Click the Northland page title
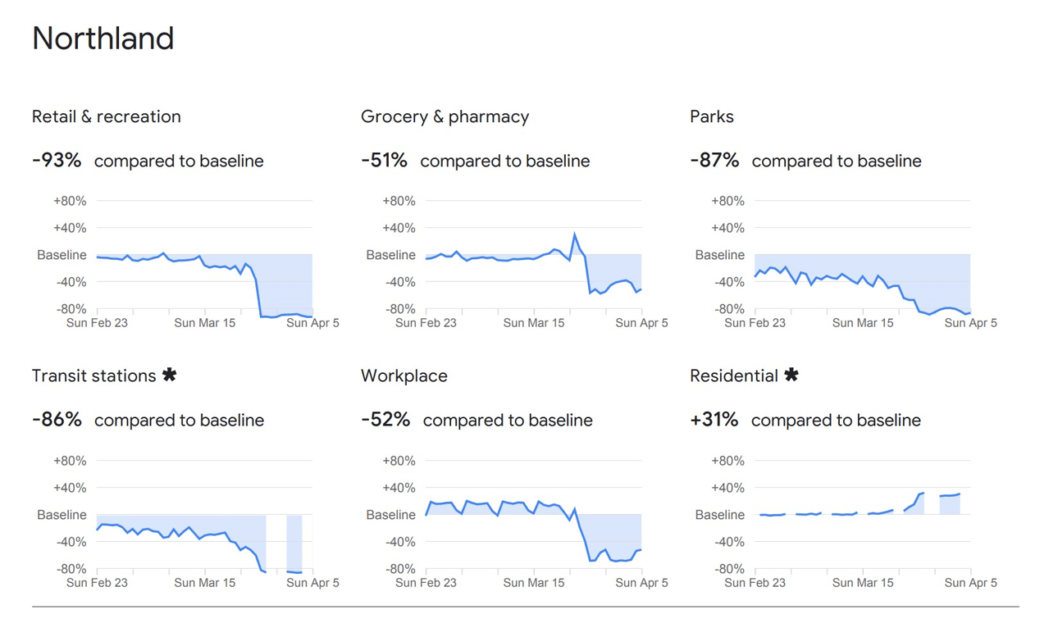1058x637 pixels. [103, 39]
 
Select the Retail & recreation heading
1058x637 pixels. [106, 116]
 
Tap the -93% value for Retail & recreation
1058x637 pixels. [57, 160]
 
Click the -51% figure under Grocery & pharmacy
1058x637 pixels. [384, 160]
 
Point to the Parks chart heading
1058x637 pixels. [711, 116]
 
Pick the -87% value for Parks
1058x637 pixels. [714, 160]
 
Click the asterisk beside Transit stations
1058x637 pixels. [169, 375]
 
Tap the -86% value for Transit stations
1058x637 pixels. [57, 420]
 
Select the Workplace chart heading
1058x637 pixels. [404, 376]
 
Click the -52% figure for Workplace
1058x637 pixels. [385, 420]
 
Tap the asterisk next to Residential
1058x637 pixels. [791, 375]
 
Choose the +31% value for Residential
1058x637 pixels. [714, 420]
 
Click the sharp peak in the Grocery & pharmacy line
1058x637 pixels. [574, 234]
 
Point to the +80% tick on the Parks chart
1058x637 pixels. [727, 201]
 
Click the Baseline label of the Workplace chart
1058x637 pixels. [390, 515]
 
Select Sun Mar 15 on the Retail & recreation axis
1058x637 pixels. [204, 323]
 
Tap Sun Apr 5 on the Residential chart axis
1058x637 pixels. [970, 583]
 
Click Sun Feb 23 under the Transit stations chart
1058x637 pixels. [97, 583]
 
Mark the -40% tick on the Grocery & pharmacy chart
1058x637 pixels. [399, 282]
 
